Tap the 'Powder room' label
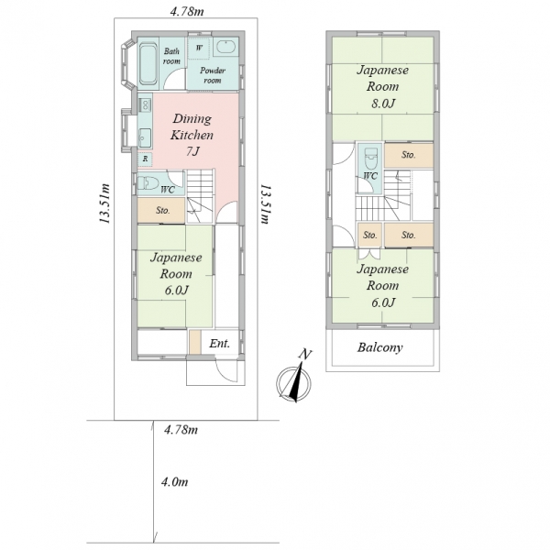pos(213,75)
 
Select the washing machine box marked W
pos(199,49)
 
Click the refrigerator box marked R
pos(145,159)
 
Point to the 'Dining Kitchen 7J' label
pos(192,135)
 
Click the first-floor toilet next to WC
pos(148,183)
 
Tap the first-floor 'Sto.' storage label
pos(163,211)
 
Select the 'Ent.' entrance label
pos(220,343)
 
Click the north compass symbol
pos(293,379)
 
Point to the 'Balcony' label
pos(379,347)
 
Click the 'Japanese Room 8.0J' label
pos(382,87)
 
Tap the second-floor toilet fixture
pos(370,159)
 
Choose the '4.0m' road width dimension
pos(175,482)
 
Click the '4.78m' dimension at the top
pos(187,11)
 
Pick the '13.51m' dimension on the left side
pos(104,203)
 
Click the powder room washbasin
pos(225,47)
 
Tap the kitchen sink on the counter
pos(145,137)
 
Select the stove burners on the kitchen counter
pos(145,104)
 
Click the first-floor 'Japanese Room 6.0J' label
pos(176,274)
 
